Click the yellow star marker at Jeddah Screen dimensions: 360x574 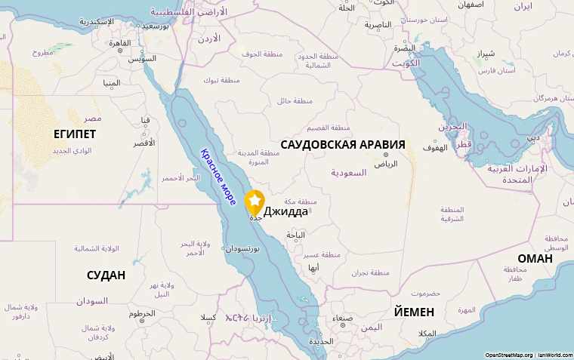click(255, 201)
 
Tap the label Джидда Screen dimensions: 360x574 click(285, 211)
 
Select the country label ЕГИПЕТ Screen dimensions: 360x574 click(75, 134)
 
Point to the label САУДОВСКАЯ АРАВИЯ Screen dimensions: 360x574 click(342, 144)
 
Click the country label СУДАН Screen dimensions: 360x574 click(106, 275)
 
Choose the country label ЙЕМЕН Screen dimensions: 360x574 click(414, 312)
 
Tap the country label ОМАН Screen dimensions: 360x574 click(535, 258)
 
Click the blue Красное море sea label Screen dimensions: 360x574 click(219, 177)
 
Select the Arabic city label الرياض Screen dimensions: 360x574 click(385, 163)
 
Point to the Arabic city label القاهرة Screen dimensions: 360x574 click(120, 42)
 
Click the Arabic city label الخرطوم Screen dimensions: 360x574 click(142, 312)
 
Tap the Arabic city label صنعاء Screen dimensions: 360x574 click(343, 318)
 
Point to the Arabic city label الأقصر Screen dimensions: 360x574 click(143, 143)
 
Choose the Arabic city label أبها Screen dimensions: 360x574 click(313, 267)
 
